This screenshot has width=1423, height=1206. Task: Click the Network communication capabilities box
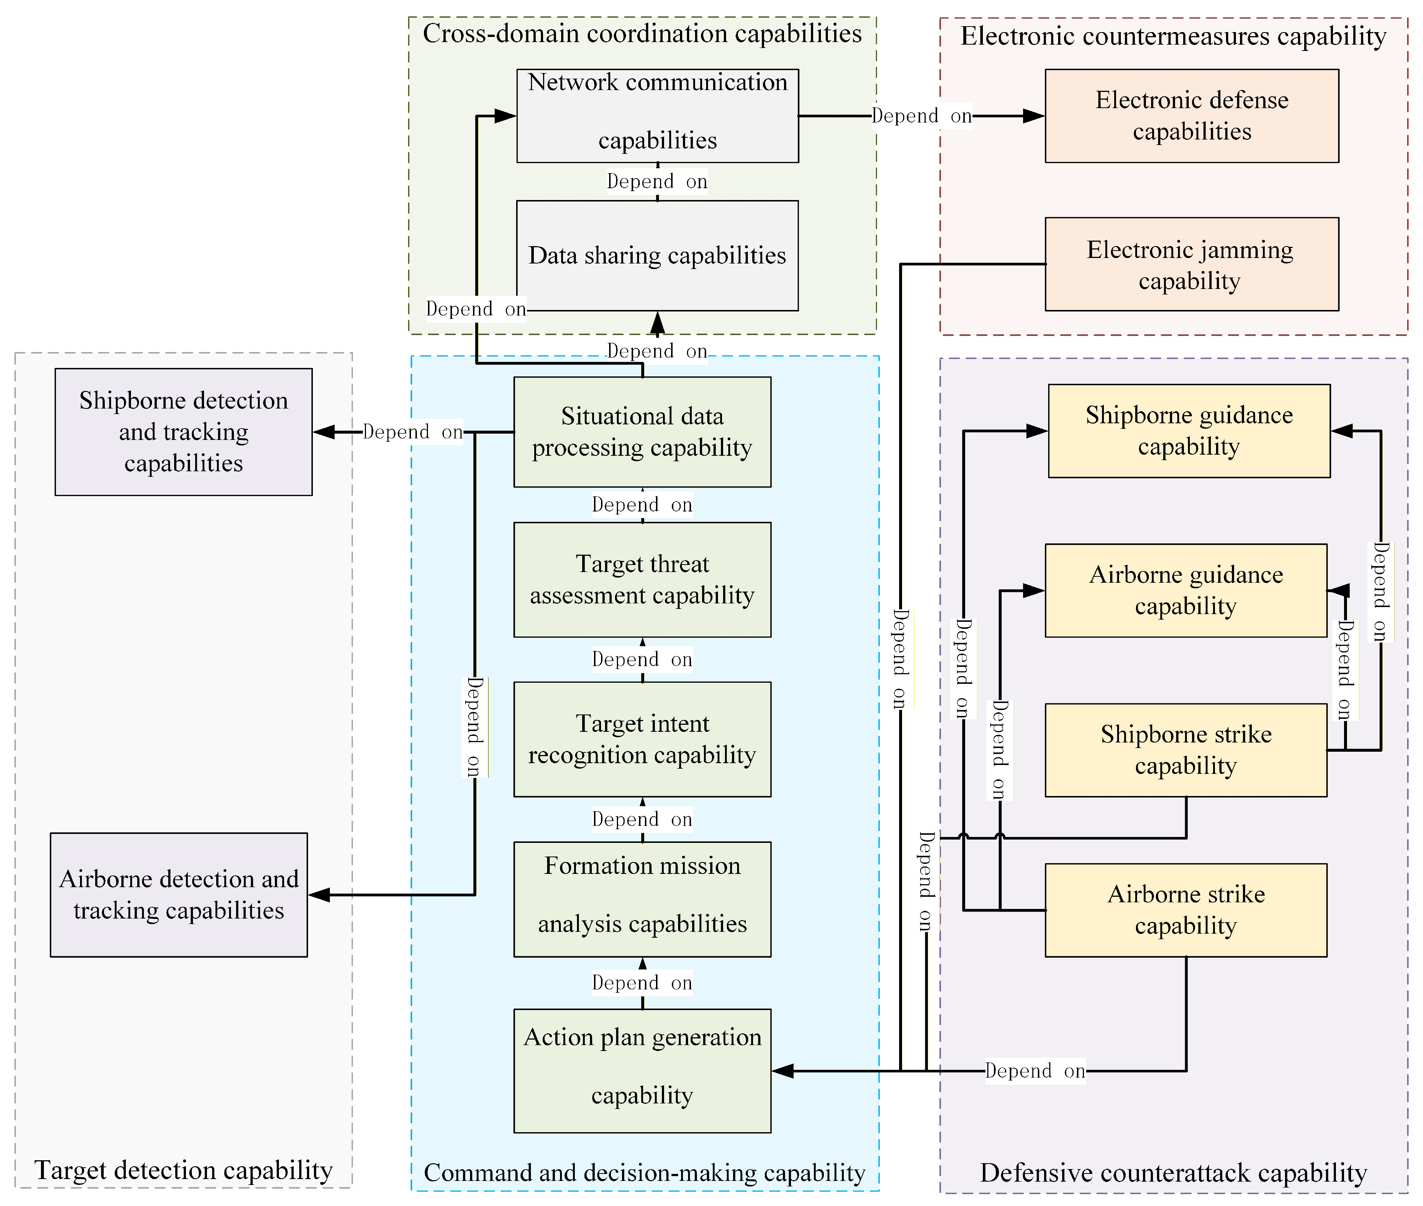coord(657,116)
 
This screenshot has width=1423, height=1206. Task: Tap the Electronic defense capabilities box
coord(1192,116)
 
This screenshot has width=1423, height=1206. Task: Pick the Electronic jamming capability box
coord(1192,264)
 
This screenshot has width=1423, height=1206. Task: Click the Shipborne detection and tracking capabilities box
coord(184,432)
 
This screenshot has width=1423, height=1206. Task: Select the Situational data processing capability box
coord(642,432)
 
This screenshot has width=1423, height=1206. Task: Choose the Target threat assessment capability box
coord(642,580)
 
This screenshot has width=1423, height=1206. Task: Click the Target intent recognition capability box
coord(642,739)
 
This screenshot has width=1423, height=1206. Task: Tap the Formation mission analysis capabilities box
coord(642,899)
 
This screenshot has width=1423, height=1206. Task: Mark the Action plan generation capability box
coord(642,1071)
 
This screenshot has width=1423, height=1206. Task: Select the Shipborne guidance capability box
coord(1189,431)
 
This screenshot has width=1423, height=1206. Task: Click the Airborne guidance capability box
coord(1186,591)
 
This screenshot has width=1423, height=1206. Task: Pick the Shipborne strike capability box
coord(1186,750)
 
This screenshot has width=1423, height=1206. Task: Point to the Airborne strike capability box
coord(1186,910)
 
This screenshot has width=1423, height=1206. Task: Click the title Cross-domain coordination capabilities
coord(642,34)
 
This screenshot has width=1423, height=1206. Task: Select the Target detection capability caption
coord(183,1170)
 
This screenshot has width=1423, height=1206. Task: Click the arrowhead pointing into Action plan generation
coord(783,1071)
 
